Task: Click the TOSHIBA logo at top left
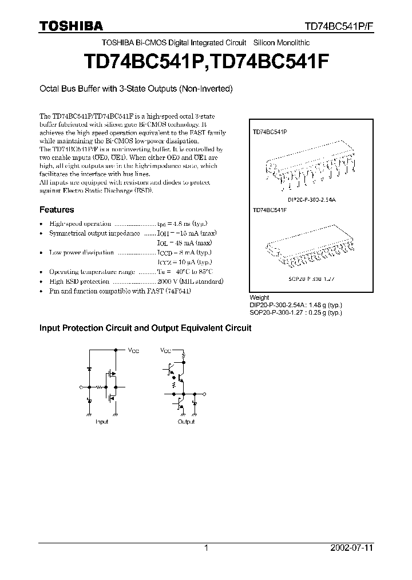[x=71, y=26]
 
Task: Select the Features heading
[x=56, y=210]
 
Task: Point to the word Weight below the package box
[x=259, y=298]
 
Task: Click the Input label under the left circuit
[x=102, y=421]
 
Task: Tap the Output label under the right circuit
[x=185, y=421]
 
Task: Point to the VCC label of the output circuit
[x=165, y=350]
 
